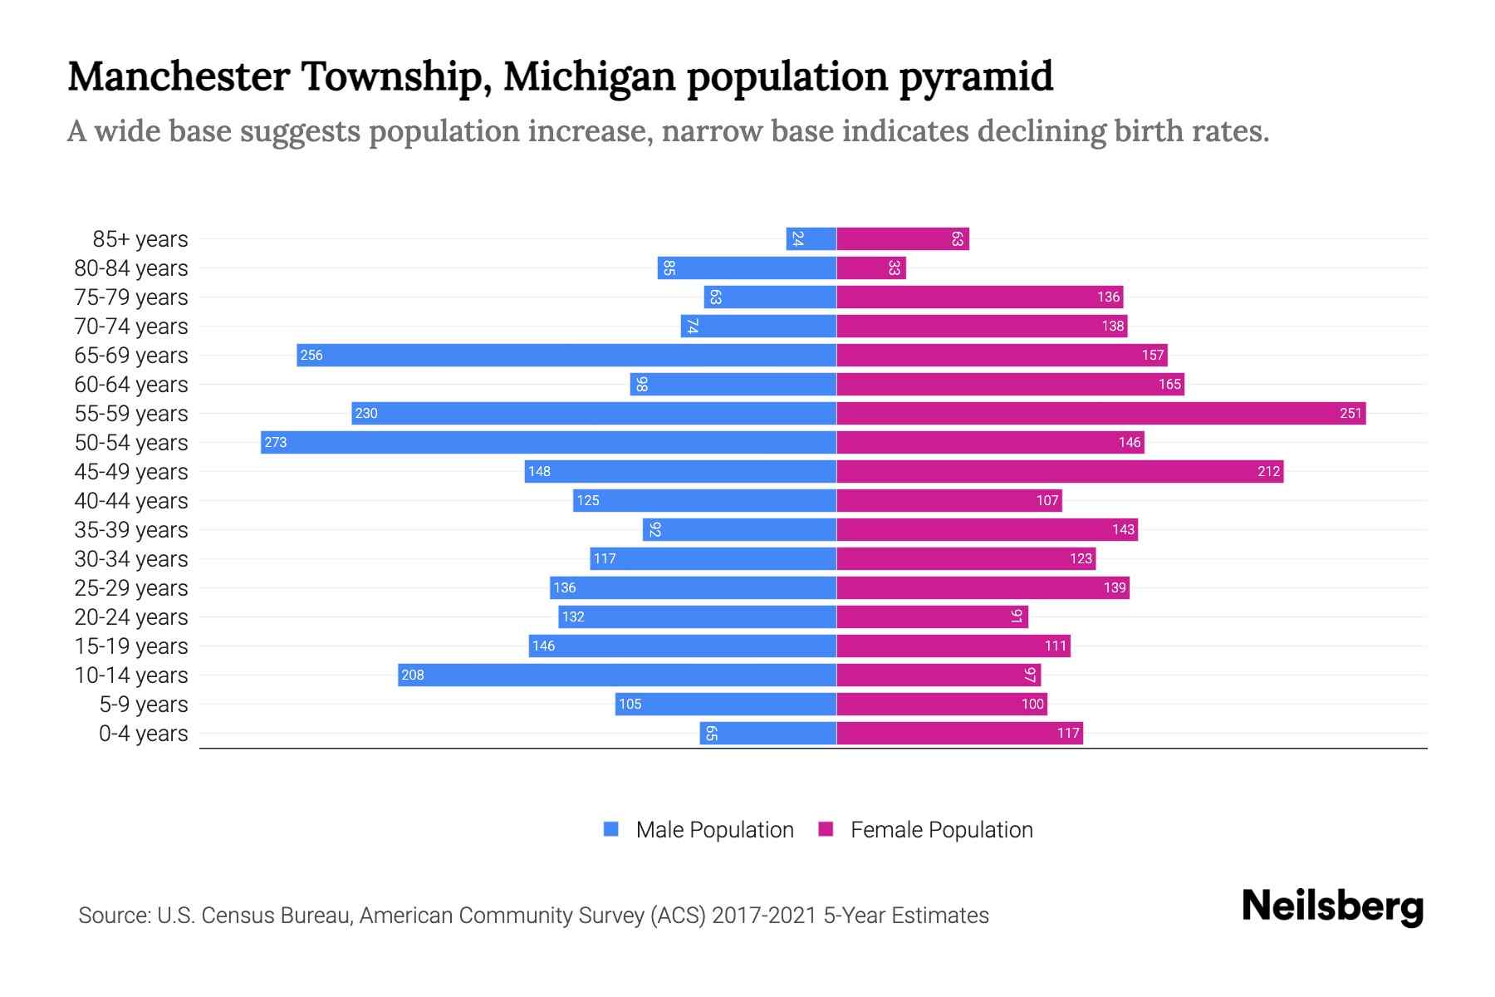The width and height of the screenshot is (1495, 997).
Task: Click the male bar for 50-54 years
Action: (x=548, y=442)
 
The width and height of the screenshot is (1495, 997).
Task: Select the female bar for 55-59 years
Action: (x=1100, y=413)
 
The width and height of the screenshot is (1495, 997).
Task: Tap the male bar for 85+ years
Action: (x=811, y=238)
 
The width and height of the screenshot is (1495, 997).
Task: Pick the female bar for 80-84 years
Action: (x=871, y=268)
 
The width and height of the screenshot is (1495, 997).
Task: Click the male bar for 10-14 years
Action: (x=617, y=675)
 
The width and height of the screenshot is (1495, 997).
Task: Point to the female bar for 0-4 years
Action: (x=959, y=733)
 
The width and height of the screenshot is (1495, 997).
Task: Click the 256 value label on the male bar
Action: (x=311, y=355)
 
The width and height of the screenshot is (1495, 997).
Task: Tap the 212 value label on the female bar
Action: (x=1268, y=471)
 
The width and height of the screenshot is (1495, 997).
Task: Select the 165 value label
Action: (x=1169, y=384)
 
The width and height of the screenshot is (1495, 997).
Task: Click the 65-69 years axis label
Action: (x=131, y=356)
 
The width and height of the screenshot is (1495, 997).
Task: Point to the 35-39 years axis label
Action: (x=131, y=530)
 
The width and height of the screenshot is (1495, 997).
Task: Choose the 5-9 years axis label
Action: (x=144, y=705)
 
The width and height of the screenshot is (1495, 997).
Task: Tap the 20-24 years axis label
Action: (x=131, y=617)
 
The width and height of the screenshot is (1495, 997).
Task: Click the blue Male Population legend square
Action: (x=611, y=829)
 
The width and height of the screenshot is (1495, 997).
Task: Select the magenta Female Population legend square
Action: (x=826, y=829)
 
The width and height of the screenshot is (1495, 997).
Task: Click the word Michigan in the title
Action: (x=589, y=76)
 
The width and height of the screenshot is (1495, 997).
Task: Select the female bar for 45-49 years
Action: (x=1060, y=471)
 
